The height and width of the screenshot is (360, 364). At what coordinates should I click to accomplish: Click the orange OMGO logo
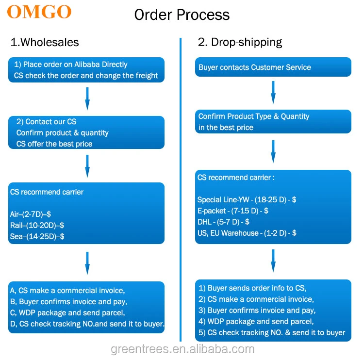[39, 12]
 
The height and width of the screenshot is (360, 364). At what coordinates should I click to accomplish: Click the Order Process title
[182, 15]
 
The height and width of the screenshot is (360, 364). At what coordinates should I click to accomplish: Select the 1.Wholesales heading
[45, 42]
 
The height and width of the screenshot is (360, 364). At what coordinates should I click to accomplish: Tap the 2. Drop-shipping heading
[240, 42]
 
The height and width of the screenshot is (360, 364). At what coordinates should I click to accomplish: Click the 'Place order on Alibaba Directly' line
[70, 65]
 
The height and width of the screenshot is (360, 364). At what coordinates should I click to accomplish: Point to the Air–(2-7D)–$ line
[31, 214]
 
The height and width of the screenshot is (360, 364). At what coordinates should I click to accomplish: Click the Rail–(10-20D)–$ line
[37, 225]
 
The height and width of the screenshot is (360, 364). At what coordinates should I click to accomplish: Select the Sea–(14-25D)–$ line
[37, 236]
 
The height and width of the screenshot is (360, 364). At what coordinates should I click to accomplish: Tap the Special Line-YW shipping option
[247, 199]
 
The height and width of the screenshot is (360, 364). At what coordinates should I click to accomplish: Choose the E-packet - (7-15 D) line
[233, 211]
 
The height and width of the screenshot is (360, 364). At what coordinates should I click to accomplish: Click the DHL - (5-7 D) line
[223, 222]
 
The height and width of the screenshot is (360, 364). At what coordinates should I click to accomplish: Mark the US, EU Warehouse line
[247, 233]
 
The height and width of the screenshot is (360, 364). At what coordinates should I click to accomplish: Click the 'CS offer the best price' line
[54, 144]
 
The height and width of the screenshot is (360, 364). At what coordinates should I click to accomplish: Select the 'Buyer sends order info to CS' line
[252, 288]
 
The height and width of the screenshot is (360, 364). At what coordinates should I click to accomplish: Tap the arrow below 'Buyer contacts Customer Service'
[273, 92]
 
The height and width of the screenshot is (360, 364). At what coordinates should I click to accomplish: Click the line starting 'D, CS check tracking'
[87, 324]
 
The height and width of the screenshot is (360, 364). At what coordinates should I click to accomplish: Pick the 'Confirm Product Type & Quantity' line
[254, 116]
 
